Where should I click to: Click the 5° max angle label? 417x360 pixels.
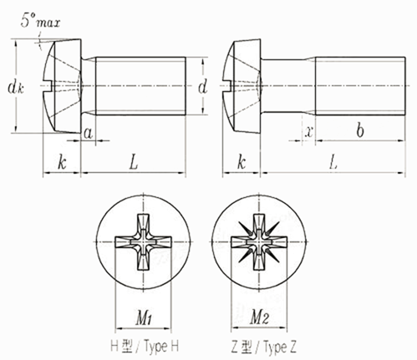[x=40, y=21]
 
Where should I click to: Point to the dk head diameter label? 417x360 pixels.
[x=16, y=88]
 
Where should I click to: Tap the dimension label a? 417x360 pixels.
[x=88, y=134]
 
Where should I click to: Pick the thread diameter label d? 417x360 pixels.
[x=203, y=86]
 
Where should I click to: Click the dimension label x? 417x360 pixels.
[x=308, y=131]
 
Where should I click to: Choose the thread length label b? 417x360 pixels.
[x=360, y=130]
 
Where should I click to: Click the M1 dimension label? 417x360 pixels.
[x=144, y=318]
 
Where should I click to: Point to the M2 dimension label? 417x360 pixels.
[x=260, y=317]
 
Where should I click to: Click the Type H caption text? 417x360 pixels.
[x=145, y=347]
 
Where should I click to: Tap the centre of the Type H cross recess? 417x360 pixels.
[x=143, y=242]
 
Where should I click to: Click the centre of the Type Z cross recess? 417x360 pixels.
[x=259, y=242]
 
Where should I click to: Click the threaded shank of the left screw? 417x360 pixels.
[x=140, y=86]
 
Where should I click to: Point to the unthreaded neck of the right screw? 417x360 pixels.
[x=288, y=86]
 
